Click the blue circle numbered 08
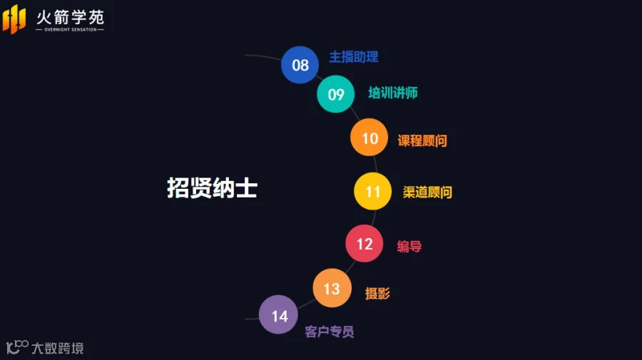pos(300,65)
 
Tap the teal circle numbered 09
pos(336,94)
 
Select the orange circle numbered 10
pos(370,138)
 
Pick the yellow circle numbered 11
pos(372,191)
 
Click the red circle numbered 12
pos(365,243)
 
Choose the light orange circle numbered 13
pos(332,288)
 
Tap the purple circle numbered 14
pos(278,314)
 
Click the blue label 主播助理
pos(354,57)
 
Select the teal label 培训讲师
pos(393,93)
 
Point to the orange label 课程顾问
pos(422,140)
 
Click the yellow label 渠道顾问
pos(427,192)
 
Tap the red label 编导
pos(409,246)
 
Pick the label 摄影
pos(377,293)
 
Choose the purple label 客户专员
pos(329,331)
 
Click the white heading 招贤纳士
pos(212,187)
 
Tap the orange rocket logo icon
pos(14,19)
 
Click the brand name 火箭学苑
pos(71,18)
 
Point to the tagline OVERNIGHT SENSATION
pos(71,29)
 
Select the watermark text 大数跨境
pos(58,348)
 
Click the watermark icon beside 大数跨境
pos(17,347)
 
